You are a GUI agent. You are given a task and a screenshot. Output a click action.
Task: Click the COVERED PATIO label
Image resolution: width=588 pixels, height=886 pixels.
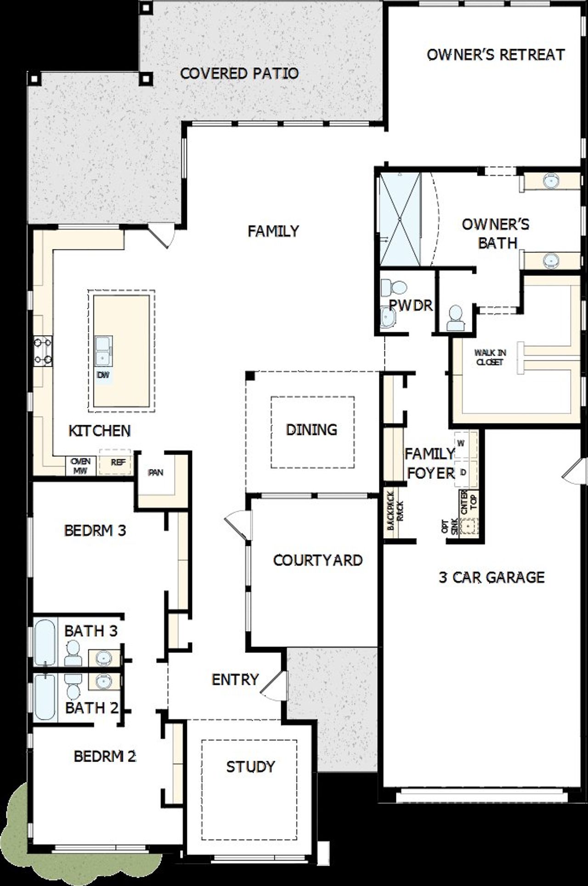tap(239, 73)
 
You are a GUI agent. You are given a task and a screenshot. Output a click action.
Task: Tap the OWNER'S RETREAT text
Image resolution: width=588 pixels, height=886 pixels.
tap(495, 55)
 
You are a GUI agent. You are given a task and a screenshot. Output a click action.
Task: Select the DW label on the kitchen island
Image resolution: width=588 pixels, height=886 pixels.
tap(104, 375)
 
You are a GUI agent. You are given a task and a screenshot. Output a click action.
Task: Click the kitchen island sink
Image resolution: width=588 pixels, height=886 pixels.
tap(103, 350)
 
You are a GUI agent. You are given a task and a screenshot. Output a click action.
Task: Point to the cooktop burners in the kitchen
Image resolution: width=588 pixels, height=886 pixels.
tap(43, 351)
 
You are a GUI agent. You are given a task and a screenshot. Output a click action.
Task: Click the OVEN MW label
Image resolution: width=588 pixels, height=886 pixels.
tap(81, 465)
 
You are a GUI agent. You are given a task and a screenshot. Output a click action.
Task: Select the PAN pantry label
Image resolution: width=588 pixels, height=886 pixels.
tap(156, 472)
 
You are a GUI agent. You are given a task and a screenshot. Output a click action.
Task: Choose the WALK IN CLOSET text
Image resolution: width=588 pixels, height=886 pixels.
tap(490, 357)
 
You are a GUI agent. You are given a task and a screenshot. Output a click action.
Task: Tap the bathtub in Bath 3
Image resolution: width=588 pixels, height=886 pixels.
tap(45, 642)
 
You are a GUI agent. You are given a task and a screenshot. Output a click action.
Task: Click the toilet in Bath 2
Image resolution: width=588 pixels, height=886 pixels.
tap(73, 687)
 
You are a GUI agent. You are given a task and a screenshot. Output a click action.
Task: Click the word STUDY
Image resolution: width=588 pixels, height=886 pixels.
tap(250, 766)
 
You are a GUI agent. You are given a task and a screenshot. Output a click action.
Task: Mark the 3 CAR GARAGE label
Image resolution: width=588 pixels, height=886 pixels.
tap(492, 577)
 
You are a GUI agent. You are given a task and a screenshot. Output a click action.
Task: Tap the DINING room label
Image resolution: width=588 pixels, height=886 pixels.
tap(311, 430)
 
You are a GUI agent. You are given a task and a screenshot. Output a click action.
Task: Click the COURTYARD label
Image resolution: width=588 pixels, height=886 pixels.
tap(317, 560)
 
